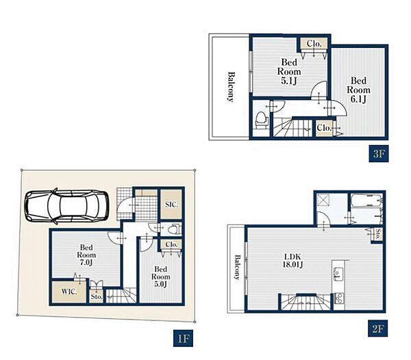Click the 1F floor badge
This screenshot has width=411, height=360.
183,338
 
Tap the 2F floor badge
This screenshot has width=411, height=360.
378,328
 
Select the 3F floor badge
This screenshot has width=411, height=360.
379,153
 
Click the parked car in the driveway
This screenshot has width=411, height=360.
67,206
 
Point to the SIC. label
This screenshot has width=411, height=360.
172,205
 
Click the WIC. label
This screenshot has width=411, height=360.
69,292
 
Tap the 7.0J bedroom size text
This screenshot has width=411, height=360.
86,263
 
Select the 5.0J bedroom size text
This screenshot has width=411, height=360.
161,284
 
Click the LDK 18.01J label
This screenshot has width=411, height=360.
292,260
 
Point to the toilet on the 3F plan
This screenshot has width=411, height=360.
262,120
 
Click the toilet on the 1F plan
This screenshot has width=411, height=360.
174,229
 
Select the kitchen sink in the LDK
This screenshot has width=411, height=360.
337,274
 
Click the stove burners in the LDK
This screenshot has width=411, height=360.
338,298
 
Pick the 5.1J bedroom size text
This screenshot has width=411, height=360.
289,81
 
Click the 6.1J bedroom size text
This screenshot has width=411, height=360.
358,99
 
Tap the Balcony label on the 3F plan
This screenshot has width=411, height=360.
230,86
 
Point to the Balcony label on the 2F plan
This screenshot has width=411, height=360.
237,268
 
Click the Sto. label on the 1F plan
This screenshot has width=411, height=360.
97,297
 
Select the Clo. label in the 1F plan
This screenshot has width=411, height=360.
172,244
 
